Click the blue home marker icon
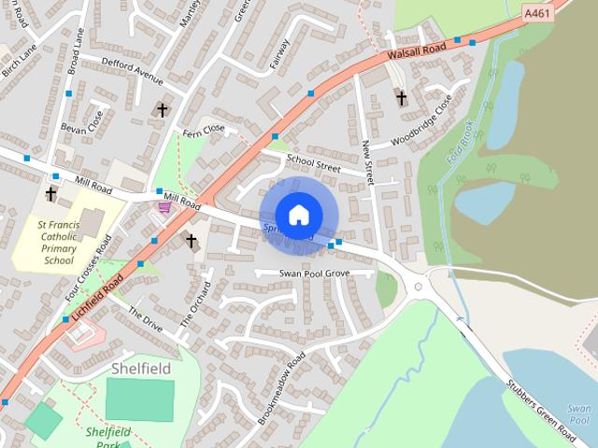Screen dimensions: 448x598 click(x=298, y=215)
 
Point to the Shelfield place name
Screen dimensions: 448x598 click(x=141, y=369)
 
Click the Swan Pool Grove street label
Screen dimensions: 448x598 click(x=314, y=273)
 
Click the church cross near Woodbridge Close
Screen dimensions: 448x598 click(x=401, y=97)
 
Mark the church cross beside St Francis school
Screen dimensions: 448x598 click(x=50, y=195)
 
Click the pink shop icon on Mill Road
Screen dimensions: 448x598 click(x=165, y=207)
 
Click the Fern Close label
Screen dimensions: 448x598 click(x=205, y=132)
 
